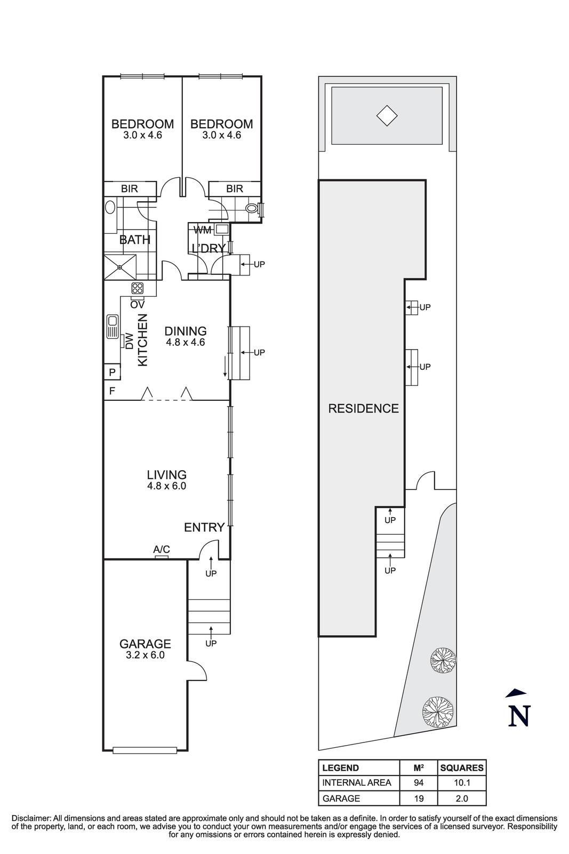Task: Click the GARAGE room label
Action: point(145,644)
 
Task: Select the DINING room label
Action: point(186,331)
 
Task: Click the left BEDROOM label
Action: point(142,124)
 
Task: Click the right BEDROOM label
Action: point(221,124)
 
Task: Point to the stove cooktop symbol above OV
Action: point(138,289)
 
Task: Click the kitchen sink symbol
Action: point(113,327)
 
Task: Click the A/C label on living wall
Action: point(162,549)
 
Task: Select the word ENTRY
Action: point(204,528)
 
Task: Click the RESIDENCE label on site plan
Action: point(363,409)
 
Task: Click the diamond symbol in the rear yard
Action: point(387,116)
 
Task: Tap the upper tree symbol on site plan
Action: point(443,661)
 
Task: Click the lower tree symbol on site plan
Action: point(438,712)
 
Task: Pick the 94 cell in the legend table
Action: point(418,783)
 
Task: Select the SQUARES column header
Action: point(461,768)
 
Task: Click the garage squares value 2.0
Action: point(461,798)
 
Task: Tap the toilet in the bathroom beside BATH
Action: point(110,207)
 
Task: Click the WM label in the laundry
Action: point(202,230)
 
